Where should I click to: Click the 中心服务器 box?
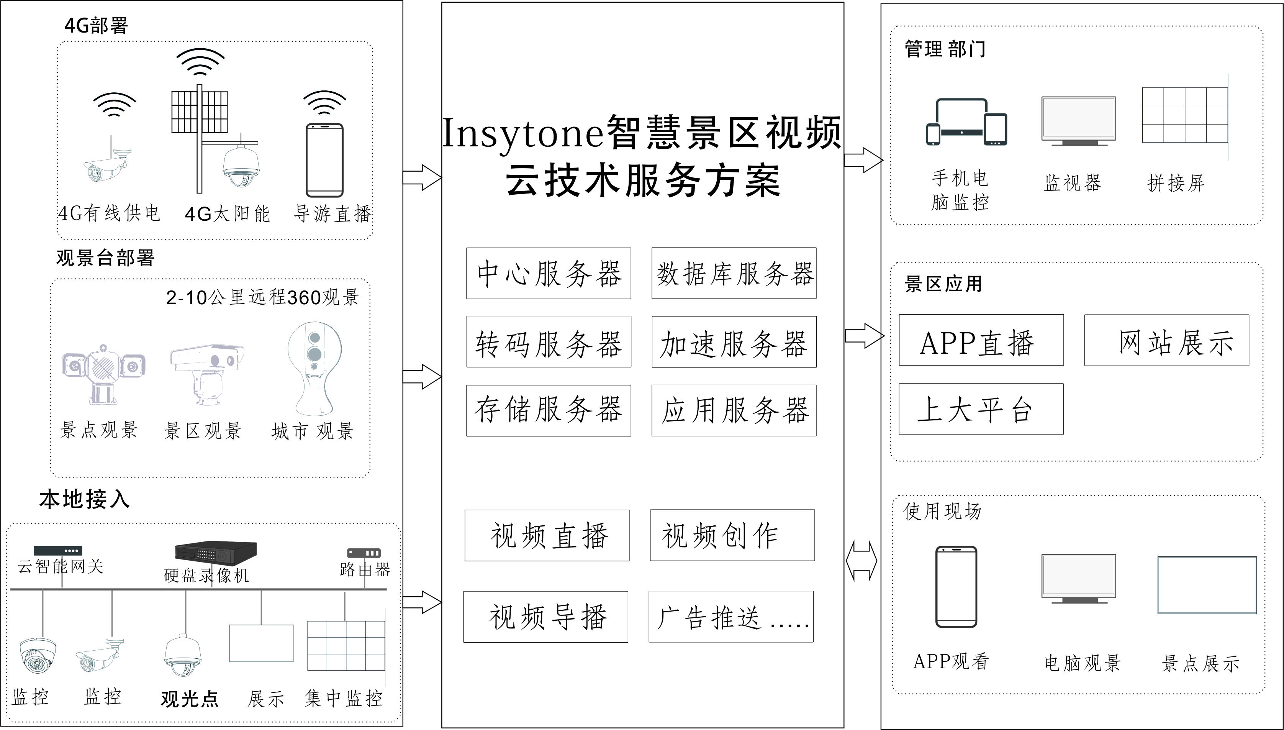[548, 273]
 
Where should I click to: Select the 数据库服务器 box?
[734, 273]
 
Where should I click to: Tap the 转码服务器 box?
[548, 341]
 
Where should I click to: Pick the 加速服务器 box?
[734, 341]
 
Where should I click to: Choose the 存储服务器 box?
[548, 410]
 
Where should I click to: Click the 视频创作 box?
[732, 535]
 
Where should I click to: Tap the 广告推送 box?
[731, 616]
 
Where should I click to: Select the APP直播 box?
[981, 340]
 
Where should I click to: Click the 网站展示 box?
[1166, 340]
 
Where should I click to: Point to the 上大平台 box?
[981, 408]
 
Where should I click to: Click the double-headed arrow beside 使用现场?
[861, 561]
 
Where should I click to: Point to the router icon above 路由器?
[364, 553]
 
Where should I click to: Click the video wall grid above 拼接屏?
[1185, 115]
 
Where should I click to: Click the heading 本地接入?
[84, 499]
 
